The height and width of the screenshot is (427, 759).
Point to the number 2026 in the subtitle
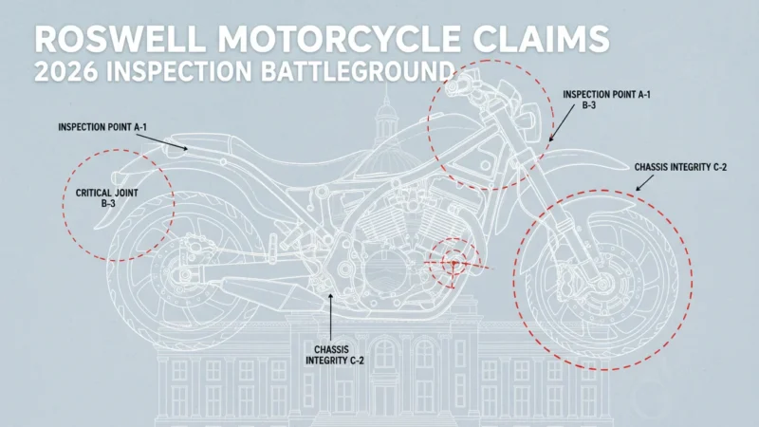[x=65, y=72]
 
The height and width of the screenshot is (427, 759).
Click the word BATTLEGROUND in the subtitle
[x=357, y=72]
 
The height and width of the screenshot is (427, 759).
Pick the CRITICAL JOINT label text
[x=107, y=193]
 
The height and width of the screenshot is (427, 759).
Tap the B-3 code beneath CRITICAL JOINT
[x=108, y=204]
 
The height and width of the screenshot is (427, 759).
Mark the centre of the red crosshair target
[x=454, y=264]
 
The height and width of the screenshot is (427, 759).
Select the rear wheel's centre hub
[x=184, y=275]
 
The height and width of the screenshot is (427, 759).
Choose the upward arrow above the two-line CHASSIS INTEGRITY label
[x=330, y=317]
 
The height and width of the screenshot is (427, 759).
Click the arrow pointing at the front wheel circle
[x=645, y=182]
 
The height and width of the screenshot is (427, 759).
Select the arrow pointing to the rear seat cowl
[x=161, y=141]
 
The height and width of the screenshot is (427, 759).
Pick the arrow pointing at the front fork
[x=562, y=123]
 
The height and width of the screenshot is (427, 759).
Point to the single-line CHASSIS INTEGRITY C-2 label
[x=680, y=168]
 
